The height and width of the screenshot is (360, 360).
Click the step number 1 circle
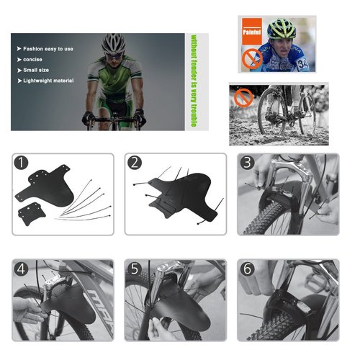coord(21,163)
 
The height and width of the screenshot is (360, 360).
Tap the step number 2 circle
coord(135,163)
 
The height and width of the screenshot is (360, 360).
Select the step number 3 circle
coord(247,163)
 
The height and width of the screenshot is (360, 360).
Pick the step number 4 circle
coord(21,269)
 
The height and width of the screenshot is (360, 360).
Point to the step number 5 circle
coord(135,269)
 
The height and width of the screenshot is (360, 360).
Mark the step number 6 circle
coord(247,269)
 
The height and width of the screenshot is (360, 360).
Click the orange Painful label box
coord(252,31)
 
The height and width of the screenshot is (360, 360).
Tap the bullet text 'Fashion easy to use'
coord(48,49)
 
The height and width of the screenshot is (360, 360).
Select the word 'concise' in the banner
coord(32,60)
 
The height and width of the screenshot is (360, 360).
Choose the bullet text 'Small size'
coord(36,70)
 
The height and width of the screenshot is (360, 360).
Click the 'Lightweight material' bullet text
coord(48,81)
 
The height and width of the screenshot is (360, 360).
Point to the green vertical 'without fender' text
coord(194,81)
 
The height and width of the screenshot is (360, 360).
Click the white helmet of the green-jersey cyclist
coord(114,43)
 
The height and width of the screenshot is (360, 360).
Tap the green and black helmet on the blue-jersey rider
coord(282,30)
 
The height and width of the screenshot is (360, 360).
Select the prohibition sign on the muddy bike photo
coord(243,97)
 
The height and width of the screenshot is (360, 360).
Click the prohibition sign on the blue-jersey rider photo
coord(252,59)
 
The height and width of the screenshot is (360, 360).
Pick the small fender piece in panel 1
coord(32,213)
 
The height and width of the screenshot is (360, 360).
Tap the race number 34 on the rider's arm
coord(303,64)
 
